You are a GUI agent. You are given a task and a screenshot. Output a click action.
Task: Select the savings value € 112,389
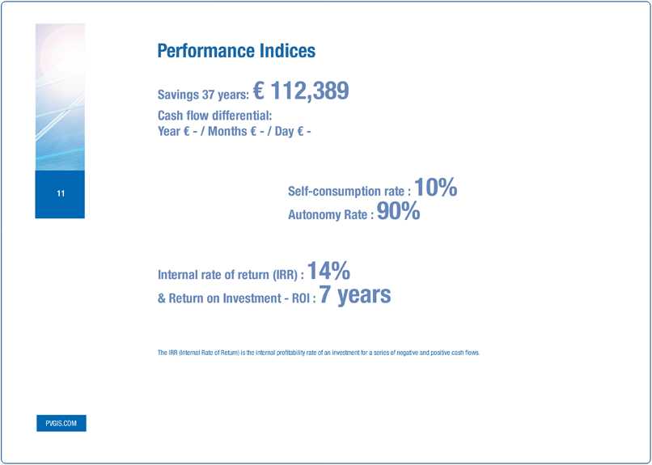(x=301, y=91)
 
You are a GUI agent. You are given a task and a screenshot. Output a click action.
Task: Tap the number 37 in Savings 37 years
(x=208, y=95)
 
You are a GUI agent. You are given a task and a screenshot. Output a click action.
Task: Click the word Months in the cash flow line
(x=227, y=131)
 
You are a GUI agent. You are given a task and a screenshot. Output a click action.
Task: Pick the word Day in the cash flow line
(x=285, y=132)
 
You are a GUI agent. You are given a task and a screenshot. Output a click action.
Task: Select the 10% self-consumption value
(x=436, y=188)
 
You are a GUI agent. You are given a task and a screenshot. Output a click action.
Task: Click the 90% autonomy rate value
(x=398, y=211)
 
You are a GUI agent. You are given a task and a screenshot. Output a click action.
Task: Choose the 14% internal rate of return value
(x=328, y=271)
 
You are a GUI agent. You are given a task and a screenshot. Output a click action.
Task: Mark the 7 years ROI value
(x=355, y=295)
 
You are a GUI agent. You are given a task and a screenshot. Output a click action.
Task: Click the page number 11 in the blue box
(x=61, y=193)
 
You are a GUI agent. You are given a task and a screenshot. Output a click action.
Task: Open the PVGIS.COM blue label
(x=61, y=423)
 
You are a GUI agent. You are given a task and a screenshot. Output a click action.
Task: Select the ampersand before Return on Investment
(x=161, y=298)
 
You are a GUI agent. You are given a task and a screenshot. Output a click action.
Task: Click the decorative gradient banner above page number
(x=60, y=97)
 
